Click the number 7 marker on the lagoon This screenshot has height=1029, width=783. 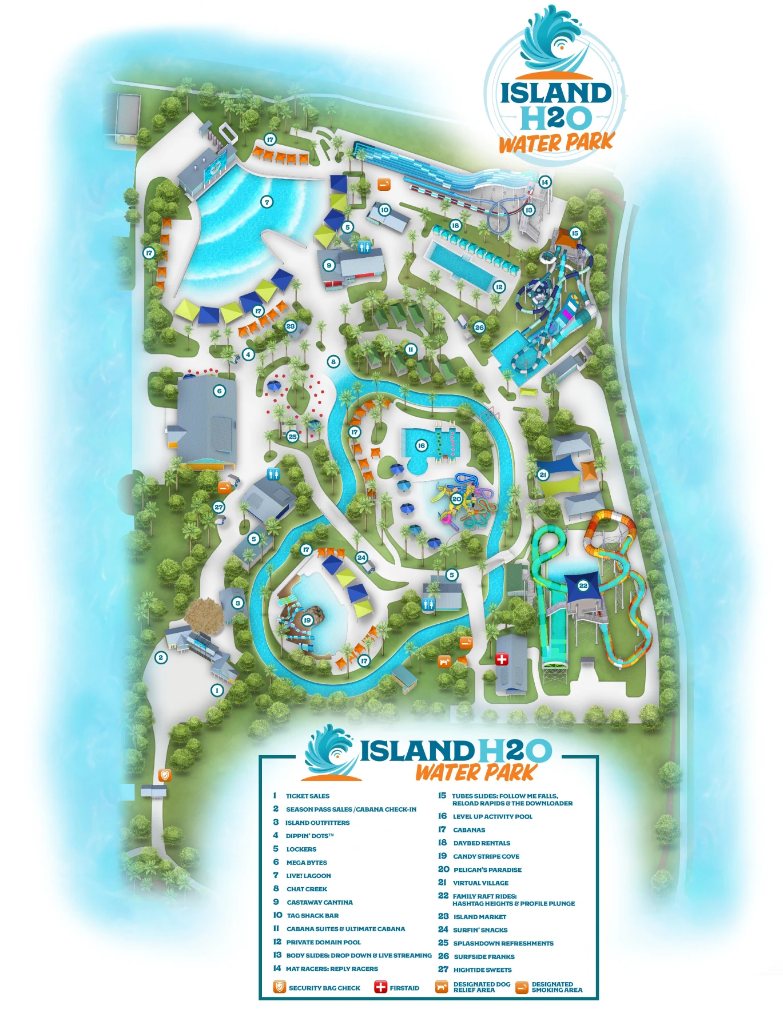(267, 202)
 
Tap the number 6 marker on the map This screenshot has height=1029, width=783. (219, 391)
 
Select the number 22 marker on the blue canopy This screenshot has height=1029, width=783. (583, 585)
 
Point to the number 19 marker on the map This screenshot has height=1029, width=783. (307, 620)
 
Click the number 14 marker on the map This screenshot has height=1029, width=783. (544, 182)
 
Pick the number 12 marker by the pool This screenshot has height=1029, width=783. (499, 287)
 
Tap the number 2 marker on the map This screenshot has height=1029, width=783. (161, 657)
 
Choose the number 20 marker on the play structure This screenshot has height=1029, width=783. (456, 499)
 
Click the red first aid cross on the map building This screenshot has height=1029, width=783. (502, 659)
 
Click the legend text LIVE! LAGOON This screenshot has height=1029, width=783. (308, 876)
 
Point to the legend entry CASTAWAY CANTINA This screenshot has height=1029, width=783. (319, 903)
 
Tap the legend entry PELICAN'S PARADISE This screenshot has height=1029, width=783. (487, 870)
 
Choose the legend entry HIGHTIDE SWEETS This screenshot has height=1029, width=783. (482, 970)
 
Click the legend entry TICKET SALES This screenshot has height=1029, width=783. (308, 796)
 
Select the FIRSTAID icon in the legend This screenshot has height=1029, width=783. (380, 987)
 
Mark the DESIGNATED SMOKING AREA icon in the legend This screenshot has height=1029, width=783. (522, 987)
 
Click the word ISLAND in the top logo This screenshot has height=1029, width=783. (555, 93)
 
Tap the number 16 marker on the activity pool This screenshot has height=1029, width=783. (421, 445)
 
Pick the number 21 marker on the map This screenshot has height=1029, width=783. (543, 474)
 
